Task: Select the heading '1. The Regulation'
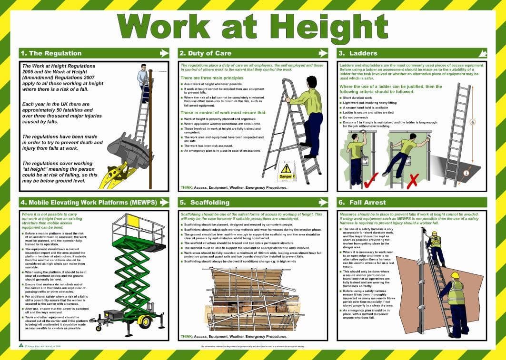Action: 50,53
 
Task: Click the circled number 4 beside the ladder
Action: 473,122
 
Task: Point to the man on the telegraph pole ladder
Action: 142,78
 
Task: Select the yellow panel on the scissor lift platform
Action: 133,222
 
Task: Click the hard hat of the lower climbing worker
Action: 455,275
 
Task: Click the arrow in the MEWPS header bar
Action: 164,202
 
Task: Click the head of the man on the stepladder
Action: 311,81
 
